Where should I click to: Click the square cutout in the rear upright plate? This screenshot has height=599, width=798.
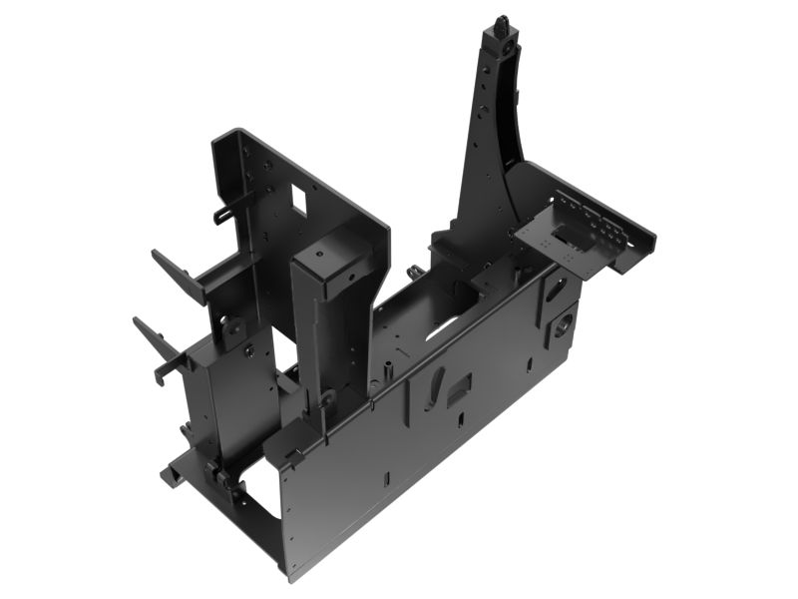coord(297,200)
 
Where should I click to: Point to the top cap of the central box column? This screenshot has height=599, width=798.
coord(322,251)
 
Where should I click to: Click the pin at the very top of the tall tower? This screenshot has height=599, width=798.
coord(501,21)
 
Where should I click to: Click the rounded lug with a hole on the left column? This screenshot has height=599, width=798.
coord(231,325)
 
